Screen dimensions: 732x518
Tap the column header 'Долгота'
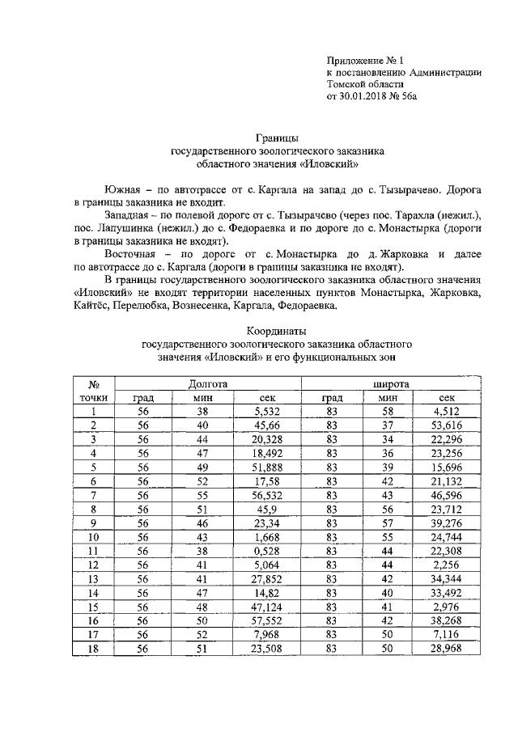coord(207,383)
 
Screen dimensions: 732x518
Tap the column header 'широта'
coord(390,383)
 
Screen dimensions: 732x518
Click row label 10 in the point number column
coord(94,536)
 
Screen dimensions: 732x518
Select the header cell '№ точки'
coord(94,390)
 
